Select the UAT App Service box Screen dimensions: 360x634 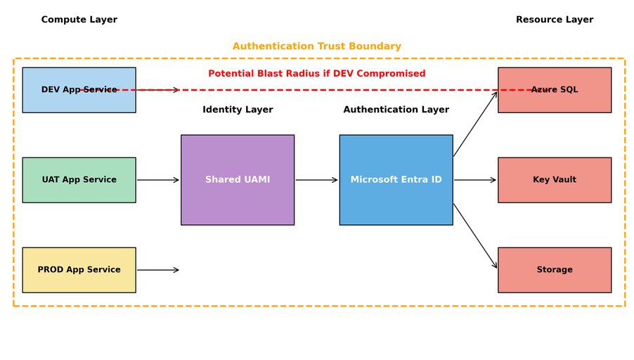[79, 180]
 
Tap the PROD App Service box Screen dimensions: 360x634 [79, 270]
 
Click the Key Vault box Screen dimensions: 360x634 [555, 180]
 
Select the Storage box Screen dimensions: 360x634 [555, 270]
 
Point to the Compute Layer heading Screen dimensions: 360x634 [79, 20]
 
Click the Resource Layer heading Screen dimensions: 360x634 [555, 20]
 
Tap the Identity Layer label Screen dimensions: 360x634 [238, 110]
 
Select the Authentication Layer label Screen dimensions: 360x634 [396, 110]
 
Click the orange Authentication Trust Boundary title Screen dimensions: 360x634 [316, 46]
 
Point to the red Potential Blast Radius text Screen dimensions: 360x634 [316, 74]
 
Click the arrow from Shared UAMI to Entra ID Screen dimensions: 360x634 [316, 180]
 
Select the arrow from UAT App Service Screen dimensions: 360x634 [158, 180]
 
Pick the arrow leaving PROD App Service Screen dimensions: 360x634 [158, 270]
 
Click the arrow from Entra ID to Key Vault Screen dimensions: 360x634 [475, 180]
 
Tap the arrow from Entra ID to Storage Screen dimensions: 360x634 [475, 236]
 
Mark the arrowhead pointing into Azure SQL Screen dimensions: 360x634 [496, 93]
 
